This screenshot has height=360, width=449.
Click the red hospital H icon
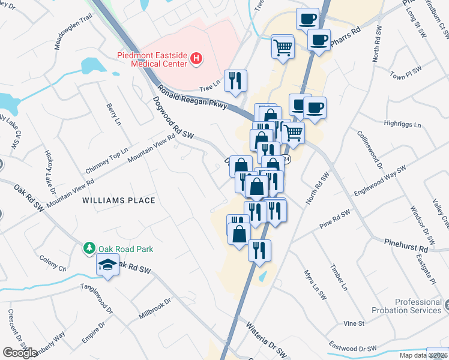pos(196,59)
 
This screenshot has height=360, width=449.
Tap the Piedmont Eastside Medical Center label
pos(151,58)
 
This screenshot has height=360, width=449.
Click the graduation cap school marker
pos(107,265)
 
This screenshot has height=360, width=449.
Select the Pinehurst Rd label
pos(406,246)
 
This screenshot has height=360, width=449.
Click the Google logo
pos(20,353)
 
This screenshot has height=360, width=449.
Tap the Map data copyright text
pos(424,355)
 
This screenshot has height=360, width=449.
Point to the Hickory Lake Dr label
pos(50,172)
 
